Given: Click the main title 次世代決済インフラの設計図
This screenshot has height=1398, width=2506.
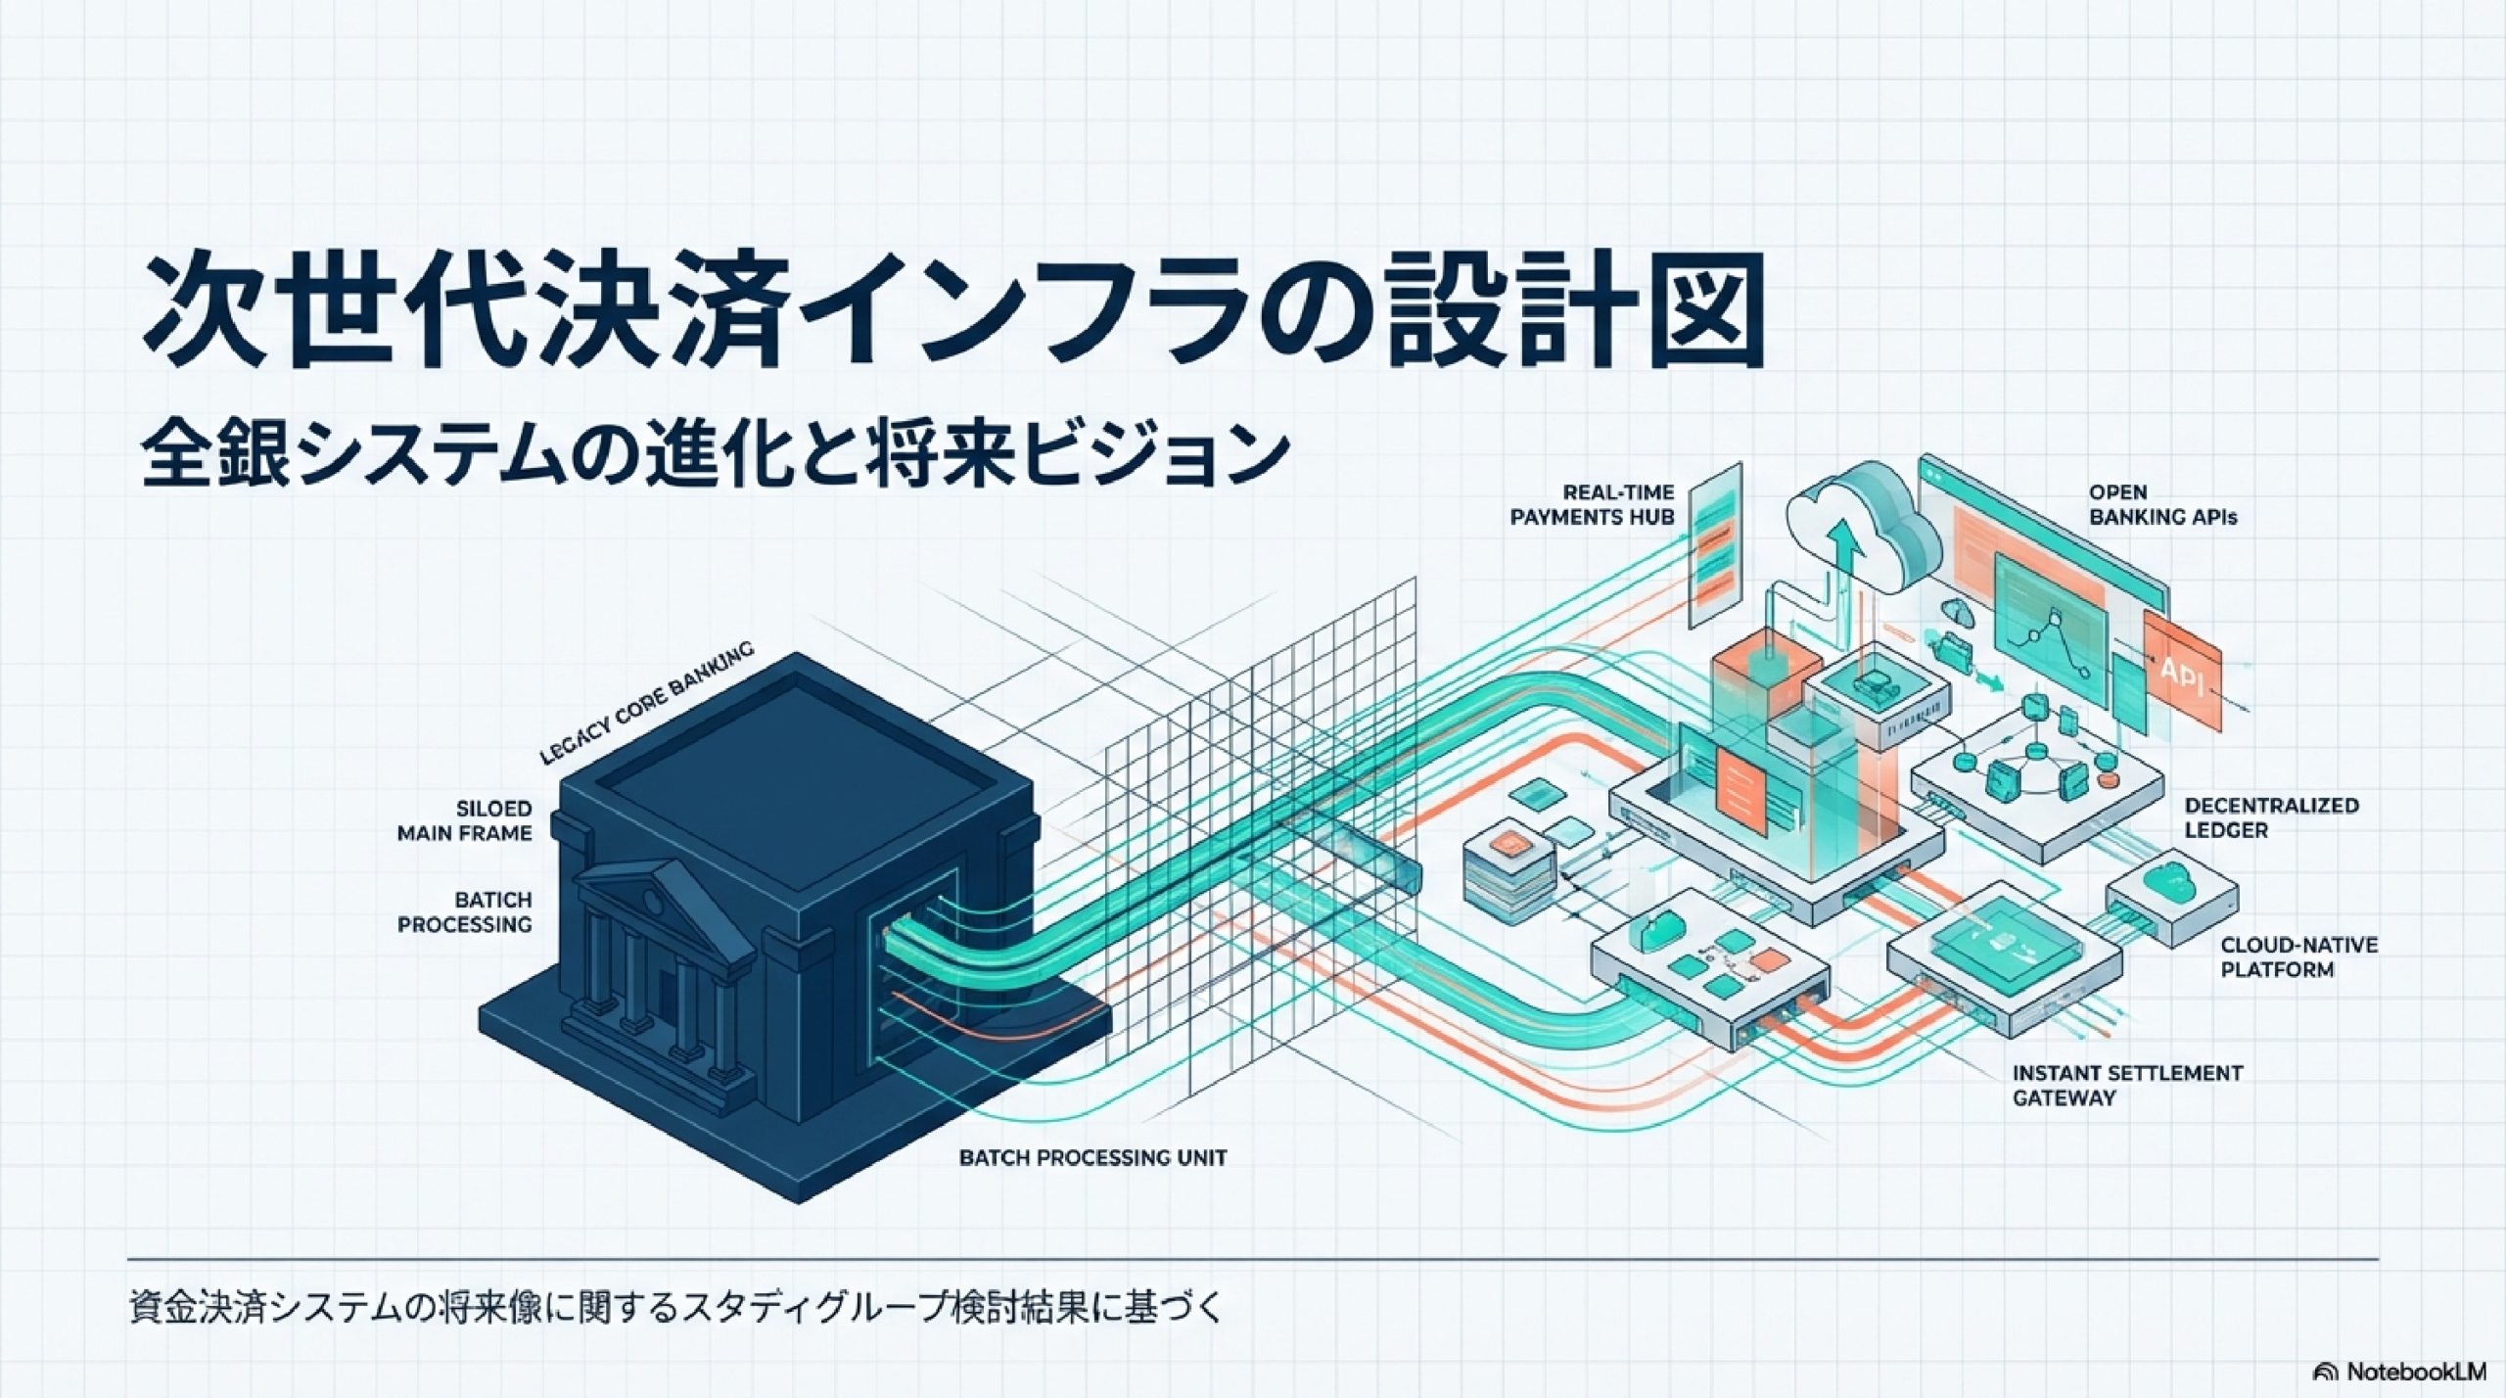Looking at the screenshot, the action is [953, 311].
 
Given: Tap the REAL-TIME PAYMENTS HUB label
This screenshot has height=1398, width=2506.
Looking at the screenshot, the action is [1592, 505].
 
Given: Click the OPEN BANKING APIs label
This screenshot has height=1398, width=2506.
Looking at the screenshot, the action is [2162, 505].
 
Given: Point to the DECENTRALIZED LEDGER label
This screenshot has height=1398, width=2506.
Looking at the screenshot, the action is [2271, 817].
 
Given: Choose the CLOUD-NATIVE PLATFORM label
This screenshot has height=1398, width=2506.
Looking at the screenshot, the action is [2298, 957].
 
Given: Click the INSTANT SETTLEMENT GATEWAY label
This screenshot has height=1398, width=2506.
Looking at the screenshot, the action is [2127, 1085].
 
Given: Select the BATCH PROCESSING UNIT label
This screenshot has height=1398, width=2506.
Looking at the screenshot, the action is [1092, 1157].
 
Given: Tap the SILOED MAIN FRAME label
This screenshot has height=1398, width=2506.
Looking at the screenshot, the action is [464, 820].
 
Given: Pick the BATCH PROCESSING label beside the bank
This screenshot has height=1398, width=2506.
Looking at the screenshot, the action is [464, 911].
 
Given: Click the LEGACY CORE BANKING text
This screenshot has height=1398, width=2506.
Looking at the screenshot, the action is [647, 702].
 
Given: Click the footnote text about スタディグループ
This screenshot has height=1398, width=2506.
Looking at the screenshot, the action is [676, 1309].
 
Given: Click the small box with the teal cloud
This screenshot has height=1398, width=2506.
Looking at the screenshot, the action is [2171, 896].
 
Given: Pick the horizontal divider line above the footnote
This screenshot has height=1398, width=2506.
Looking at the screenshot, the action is [1253, 1258].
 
